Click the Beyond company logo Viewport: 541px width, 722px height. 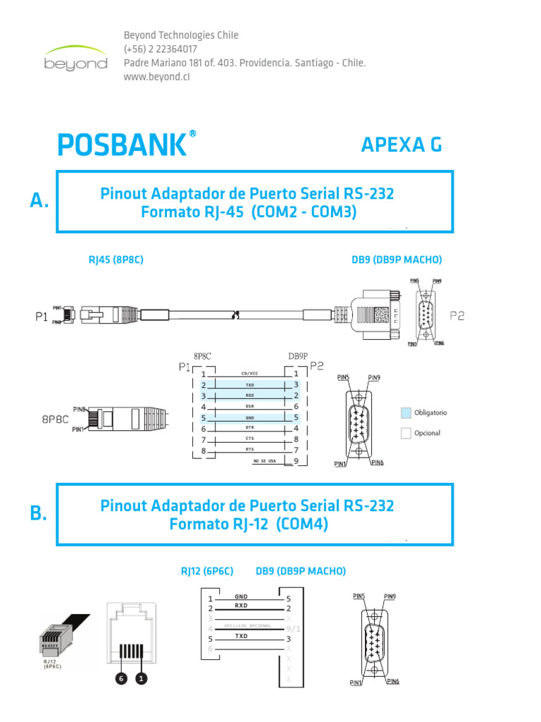[75, 57]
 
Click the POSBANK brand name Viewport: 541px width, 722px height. [122, 145]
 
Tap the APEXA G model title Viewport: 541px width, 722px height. [402, 145]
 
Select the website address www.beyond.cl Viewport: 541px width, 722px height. [157, 77]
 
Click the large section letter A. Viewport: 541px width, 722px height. [39, 201]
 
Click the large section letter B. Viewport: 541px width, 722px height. [39, 514]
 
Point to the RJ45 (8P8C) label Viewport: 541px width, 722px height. [116, 259]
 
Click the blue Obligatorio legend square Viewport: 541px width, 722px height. [405, 412]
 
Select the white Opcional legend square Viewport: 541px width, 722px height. [405, 434]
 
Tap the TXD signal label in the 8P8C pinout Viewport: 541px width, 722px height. [250, 386]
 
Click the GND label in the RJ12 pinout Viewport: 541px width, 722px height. [242, 596]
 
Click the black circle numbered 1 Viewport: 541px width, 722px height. [141, 679]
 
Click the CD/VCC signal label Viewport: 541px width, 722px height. [250, 374]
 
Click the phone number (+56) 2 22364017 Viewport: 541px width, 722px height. [160, 49]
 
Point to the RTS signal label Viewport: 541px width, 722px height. [250, 449]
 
